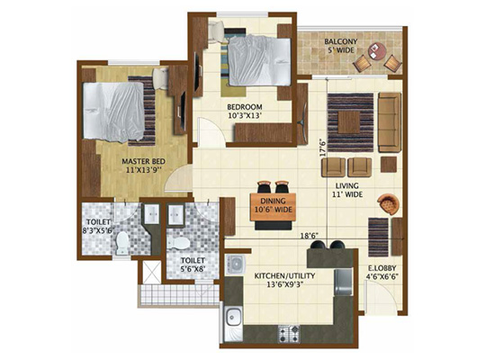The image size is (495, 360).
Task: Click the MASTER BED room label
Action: pos(144,161)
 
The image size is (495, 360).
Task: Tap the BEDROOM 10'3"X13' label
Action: pos(245,112)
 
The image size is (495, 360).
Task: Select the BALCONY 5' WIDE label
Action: pos(340,46)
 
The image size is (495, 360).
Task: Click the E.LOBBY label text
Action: pos(382,268)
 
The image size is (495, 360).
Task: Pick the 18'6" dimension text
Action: pos(309,235)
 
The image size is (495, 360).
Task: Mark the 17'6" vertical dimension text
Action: pos(322,148)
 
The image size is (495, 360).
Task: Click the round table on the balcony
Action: pos(377,50)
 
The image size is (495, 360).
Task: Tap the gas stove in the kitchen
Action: pos(289,334)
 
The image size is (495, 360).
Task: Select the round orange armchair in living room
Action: pos(388,204)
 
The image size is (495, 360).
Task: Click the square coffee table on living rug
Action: pos(349,121)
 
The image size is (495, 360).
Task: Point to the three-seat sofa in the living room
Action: pos(390,122)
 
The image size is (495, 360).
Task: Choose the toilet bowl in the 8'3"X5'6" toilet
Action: pos(121,243)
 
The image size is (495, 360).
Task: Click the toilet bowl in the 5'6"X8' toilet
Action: pos(178,243)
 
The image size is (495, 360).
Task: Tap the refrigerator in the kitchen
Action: pos(344,282)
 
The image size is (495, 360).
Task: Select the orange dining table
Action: pos(273,207)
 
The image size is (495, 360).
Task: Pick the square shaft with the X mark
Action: pos(152,272)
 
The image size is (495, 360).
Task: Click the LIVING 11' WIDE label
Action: pos(346,190)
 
